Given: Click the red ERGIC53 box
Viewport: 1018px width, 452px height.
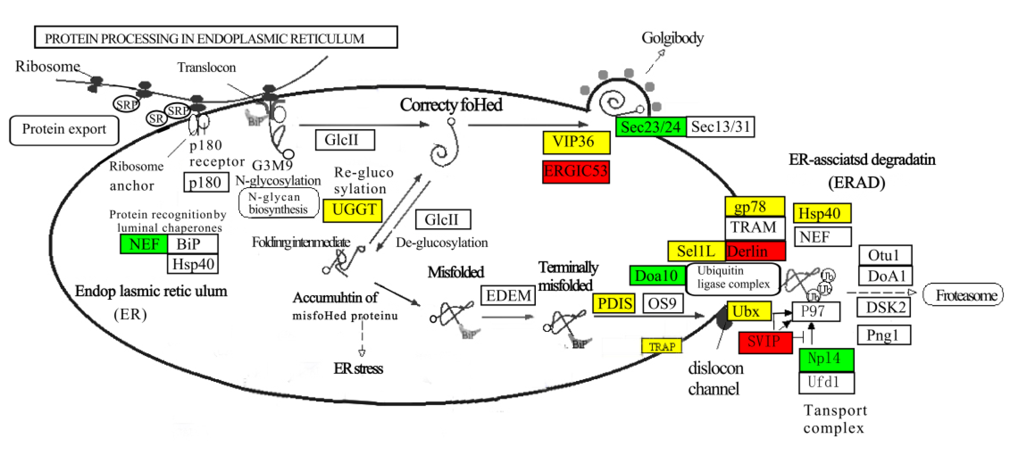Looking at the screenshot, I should [576, 172].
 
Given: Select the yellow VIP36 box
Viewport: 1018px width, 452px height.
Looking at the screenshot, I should [576, 142].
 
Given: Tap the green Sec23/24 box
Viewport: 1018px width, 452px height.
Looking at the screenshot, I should [650, 127].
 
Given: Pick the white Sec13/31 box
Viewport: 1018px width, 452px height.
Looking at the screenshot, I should [720, 127].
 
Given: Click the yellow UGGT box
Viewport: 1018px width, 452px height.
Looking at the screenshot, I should [353, 210].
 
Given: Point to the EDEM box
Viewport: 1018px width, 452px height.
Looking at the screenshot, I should [508, 296].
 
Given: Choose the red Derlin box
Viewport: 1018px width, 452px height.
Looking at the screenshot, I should [755, 251].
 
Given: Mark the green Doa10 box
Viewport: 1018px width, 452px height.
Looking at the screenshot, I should [657, 275].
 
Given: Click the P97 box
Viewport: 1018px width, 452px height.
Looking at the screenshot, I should [816, 312].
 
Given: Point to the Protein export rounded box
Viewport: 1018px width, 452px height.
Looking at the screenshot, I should [64, 130].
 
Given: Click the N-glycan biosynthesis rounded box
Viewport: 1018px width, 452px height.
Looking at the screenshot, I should [278, 203].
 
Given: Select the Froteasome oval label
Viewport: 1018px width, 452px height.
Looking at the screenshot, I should [963, 295].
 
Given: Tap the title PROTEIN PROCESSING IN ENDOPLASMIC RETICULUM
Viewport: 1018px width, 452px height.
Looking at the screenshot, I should [216, 38].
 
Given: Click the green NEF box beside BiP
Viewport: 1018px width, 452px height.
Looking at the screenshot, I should [144, 244].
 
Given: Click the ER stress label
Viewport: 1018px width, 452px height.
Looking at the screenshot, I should [358, 368].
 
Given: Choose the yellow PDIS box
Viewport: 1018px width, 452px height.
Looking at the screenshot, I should [614, 303].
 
